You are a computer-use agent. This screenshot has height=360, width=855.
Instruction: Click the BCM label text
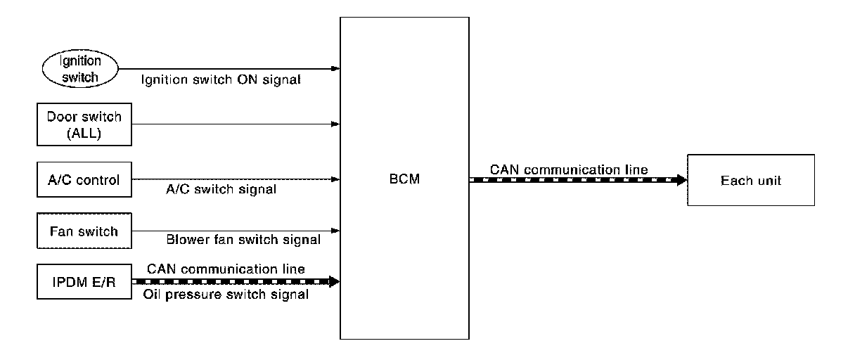[x=404, y=180]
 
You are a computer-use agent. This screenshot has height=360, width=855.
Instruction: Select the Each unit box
[x=750, y=181]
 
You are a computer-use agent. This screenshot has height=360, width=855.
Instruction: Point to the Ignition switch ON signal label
[x=221, y=80]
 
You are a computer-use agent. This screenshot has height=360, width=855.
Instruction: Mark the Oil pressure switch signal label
[x=227, y=295]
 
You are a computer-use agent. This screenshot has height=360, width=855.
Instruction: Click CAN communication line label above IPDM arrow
[x=226, y=269]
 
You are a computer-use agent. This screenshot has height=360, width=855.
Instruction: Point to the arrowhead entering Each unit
[x=682, y=181]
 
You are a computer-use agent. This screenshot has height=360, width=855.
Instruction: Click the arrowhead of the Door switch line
[x=337, y=124]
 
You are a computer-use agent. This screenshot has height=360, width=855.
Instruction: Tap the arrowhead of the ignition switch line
[x=337, y=69]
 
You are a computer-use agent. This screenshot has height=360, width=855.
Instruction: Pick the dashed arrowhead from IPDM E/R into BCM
[x=335, y=281]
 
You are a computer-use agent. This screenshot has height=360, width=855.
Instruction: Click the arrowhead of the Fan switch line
[x=337, y=231]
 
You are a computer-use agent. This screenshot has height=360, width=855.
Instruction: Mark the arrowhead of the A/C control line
[x=337, y=179]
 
